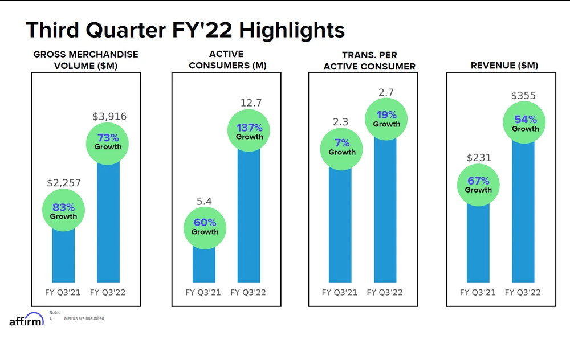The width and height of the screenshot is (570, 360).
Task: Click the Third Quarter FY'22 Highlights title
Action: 185,30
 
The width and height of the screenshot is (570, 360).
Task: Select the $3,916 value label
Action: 109,117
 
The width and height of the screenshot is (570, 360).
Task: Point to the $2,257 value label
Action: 63,183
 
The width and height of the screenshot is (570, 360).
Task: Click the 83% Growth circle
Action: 63,211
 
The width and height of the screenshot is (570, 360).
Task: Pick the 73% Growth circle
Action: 108,141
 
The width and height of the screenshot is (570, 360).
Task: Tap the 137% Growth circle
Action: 250,132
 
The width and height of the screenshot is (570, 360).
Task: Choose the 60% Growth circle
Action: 205,227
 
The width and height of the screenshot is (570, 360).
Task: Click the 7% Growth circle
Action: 342,147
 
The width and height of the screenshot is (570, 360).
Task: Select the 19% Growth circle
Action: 387,118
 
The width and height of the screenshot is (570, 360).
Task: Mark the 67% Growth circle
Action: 478,185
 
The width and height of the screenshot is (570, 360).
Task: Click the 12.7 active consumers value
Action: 250,103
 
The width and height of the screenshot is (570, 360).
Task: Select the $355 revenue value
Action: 523,96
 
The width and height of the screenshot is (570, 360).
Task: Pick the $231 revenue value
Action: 479,158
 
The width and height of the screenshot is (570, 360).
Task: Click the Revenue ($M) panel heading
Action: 504,66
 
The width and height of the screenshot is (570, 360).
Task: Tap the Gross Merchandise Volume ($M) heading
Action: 85,60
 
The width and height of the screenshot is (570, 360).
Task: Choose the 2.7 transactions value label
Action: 386,92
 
